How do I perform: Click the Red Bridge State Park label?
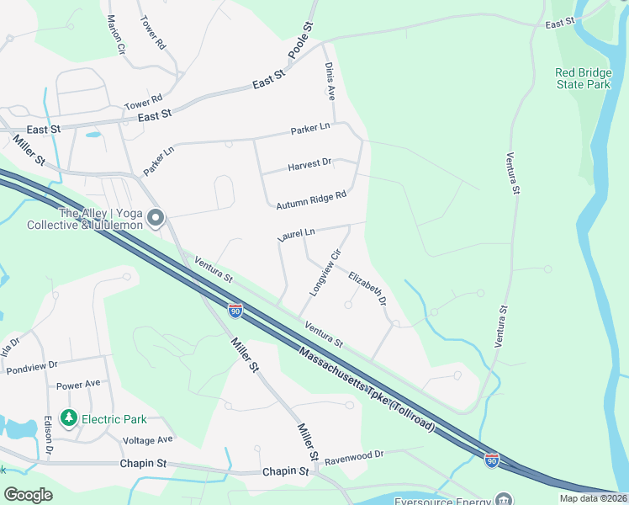click(583, 78)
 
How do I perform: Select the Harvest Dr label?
click(309, 163)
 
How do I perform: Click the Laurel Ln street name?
click(296, 234)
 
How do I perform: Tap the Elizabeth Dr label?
click(367, 287)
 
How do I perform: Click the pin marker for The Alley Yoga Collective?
click(156, 218)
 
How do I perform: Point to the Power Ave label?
click(78, 385)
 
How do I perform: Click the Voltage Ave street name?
click(148, 439)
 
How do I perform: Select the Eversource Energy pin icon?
click(503, 499)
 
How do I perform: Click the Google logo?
click(28, 495)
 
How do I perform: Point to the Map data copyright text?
click(592, 498)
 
